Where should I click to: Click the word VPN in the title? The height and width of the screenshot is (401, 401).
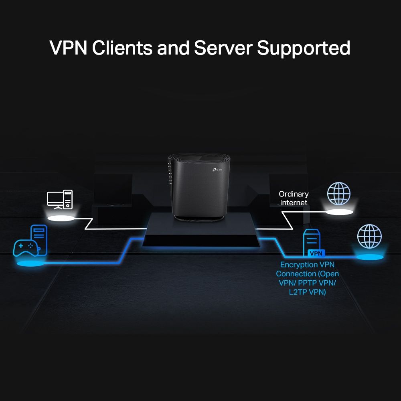point(68,48)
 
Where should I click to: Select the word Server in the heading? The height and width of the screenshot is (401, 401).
point(223,48)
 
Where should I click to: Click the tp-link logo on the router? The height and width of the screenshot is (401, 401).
point(217,170)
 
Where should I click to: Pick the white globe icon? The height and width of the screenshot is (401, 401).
point(338,194)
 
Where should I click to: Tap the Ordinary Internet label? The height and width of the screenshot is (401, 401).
point(294,198)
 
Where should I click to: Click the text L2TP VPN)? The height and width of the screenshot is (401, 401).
point(307,292)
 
